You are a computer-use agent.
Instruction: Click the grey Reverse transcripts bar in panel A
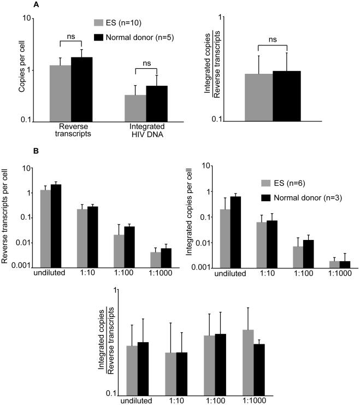(60, 93)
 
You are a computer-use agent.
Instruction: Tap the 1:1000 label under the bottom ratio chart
(254, 400)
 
